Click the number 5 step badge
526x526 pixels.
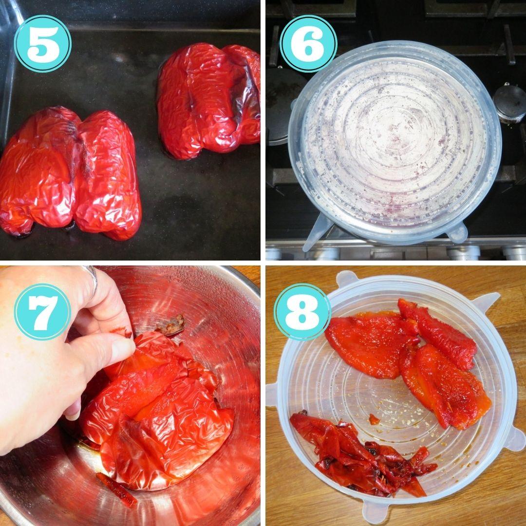42,44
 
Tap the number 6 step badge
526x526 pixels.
308,44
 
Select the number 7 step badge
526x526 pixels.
42,312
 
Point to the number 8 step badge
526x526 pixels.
302,312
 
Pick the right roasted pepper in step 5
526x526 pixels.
208,101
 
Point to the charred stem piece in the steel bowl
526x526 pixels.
171,325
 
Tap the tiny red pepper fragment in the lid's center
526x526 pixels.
374,419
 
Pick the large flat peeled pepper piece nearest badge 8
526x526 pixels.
371,345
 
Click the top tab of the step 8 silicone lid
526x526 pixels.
347,279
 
